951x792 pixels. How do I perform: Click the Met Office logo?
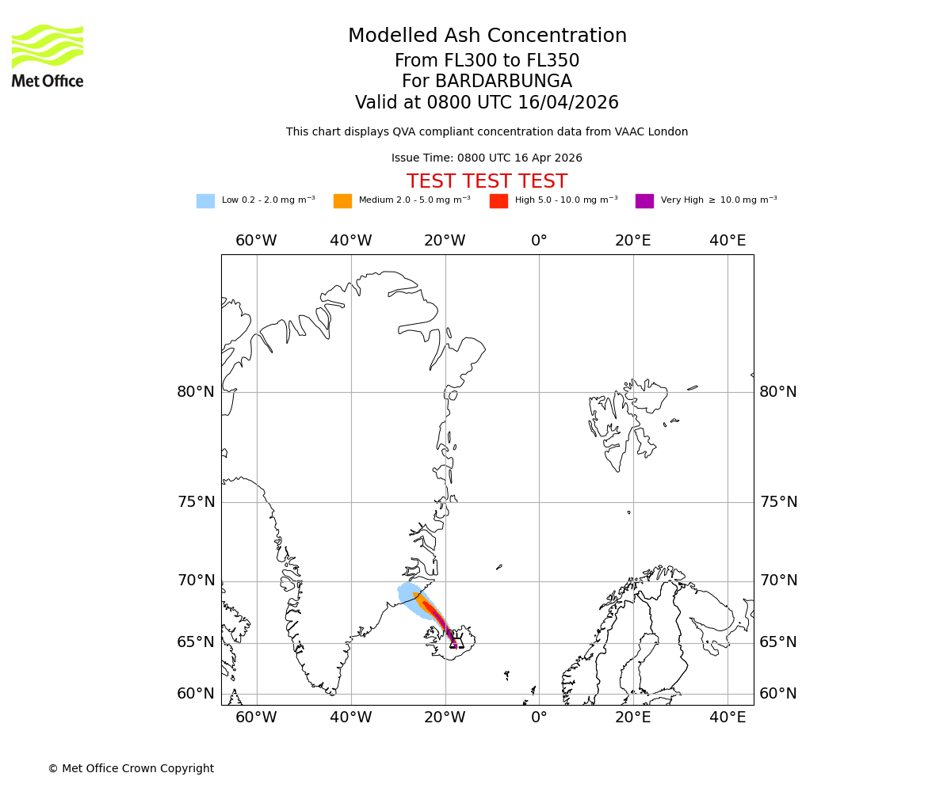pyautogui.click(x=48, y=55)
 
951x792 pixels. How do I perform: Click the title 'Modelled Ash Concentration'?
pyautogui.click(x=487, y=36)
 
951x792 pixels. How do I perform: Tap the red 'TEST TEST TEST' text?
pyautogui.click(x=487, y=182)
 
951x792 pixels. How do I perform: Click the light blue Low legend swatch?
pyautogui.click(x=205, y=201)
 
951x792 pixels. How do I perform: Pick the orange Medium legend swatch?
pyautogui.click(x=342, y=201)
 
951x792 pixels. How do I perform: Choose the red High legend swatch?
pyautogui.click(x=498, y=201)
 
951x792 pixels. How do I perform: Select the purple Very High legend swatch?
pyautogui.click(x=644, y=201)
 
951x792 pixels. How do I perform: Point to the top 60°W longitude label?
pyautogui.click(x=256, y=241)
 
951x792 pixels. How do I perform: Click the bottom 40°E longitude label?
pyautogui.click(x=728, y=718)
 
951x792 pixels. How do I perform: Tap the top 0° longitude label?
pyautogui.click(x=539, y=241)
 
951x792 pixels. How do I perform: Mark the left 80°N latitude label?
pyautogui.click(x=196, y=392)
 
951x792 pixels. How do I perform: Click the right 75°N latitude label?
pyautogui.click(x=778, y=502)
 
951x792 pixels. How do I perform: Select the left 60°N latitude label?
pyautogui.click(x=196, y=694)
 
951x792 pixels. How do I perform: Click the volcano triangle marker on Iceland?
pyautogui.click(x=456, y=643)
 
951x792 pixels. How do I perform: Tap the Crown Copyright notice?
pyautogui.click(x=131, y=769)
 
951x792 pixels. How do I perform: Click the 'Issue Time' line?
pyautogui.click(x=487, y=158)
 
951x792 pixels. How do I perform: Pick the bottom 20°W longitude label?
pyautogui.click(x=445, y=718)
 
